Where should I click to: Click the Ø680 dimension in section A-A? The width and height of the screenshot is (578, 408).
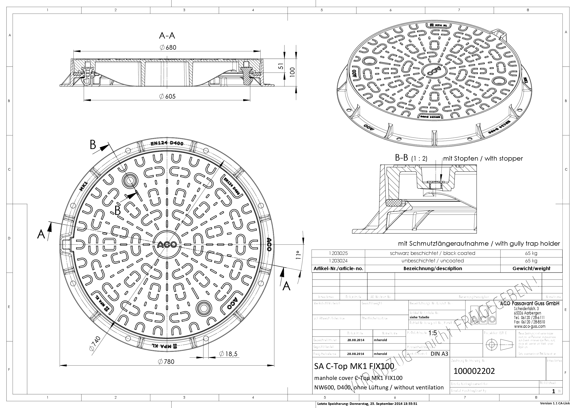point(168,47)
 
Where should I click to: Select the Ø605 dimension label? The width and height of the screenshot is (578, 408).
point(167,96)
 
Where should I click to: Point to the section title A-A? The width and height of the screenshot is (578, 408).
point(167,36)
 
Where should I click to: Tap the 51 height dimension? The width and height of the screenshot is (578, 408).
point(281,66)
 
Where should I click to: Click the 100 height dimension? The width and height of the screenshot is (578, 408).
point(292,72)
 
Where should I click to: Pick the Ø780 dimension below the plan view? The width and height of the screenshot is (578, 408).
point(166,362)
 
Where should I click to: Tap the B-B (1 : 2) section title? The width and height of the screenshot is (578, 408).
point(411,158)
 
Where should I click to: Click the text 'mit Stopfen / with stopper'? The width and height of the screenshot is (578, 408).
point(483,158)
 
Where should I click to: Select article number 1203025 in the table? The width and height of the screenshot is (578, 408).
point(338,253)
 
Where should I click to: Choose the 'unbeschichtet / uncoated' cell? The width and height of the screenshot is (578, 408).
point(433,261)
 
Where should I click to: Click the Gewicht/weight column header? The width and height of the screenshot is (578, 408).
point(531,268)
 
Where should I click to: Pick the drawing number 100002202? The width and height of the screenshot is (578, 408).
point(474,371)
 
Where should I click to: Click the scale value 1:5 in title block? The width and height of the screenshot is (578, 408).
point(433,333)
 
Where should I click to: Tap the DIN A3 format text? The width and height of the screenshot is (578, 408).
point(439,354)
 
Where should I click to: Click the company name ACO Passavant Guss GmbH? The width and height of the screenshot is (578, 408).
point(530,304)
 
